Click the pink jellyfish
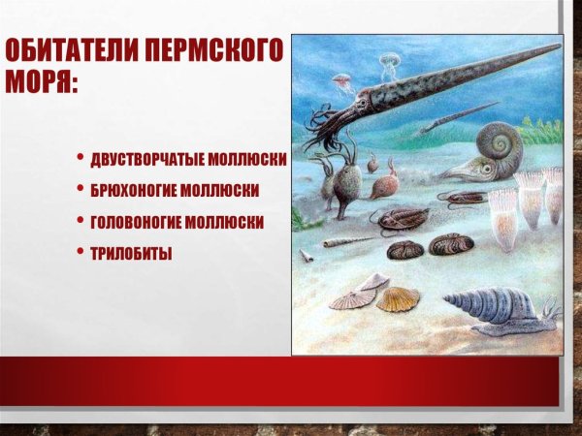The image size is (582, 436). [341, 81]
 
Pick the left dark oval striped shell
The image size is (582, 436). [404, 250]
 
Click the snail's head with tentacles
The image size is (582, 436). [548, 310]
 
